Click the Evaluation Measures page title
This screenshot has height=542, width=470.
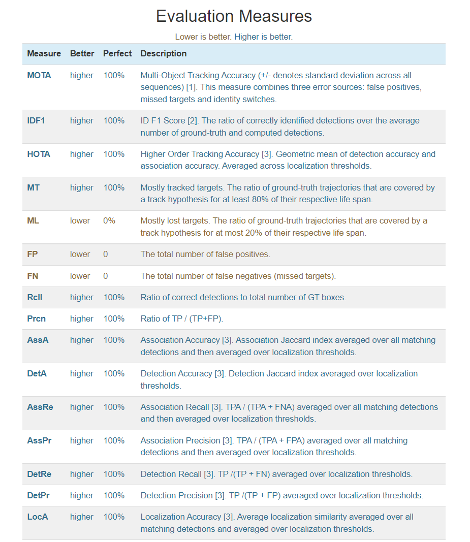click(234, 16)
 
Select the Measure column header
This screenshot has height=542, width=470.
click(44, 54)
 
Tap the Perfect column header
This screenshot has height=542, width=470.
click(117, 54)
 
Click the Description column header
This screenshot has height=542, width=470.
click(163, 54)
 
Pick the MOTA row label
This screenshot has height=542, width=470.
click(39, 76)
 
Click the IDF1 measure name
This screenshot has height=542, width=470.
click(36, 121)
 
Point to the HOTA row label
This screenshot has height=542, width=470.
click(39, 154)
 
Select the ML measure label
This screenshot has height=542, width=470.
click(33, 221)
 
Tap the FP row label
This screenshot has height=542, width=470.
click(33, 254)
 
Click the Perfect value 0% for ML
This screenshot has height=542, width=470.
click(109, 221)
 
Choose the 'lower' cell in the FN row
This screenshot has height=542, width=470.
click(80, 276)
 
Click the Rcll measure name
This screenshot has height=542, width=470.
click(35, 298)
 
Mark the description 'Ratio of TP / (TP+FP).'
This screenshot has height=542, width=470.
click(182, 319)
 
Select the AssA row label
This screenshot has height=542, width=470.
click(38, 340)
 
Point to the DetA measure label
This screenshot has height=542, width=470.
click(37, 374)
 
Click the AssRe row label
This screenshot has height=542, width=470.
click(40, 407)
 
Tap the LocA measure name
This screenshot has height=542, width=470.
click(38, 517)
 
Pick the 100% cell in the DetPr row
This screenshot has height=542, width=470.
click(114, 496)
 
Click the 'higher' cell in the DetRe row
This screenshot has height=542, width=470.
click(82, 474)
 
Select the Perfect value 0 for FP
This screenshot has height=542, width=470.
click(106, 254)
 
